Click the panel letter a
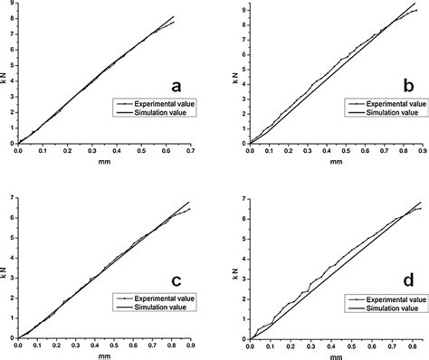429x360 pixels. (177, 87)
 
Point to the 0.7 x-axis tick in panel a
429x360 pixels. (191, 151)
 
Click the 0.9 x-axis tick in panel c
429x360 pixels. (191, 346)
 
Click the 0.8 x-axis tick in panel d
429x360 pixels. (406, 346)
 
